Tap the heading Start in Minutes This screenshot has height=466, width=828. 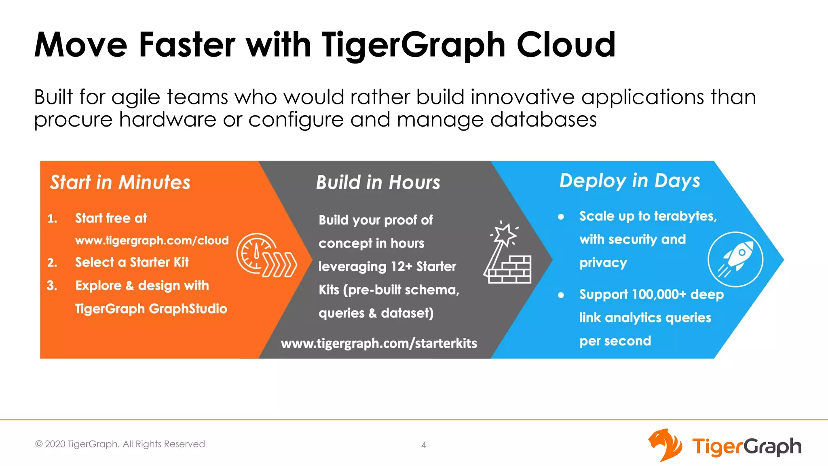120,182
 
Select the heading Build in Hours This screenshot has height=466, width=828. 378,182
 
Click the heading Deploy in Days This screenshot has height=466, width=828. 629,181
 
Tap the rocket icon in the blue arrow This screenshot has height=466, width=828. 735,259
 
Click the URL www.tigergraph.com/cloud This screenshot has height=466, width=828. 152,240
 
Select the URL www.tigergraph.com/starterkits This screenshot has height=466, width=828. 379,343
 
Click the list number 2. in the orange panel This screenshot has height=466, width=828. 52,263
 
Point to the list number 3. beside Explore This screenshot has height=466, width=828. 52,286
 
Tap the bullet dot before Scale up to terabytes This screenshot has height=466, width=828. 561,217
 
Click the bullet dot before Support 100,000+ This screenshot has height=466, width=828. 561,295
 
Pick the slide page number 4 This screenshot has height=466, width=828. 424,445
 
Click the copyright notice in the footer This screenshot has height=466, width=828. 120,444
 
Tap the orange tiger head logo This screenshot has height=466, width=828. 665,445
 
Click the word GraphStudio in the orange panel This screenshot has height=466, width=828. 188,309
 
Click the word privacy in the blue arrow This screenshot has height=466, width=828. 603,263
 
